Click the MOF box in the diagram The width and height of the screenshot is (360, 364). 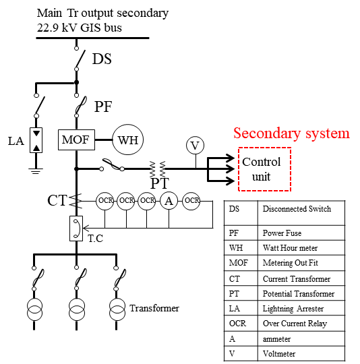[x=76, y=140]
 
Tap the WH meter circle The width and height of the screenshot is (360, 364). [x=128, y=140]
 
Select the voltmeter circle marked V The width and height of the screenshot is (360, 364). [x=196, y=146]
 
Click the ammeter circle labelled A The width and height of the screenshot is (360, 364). [x=169, y=201]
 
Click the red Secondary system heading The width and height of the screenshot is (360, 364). [x=291, y=133]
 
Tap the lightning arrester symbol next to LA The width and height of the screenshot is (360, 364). [x=36, y=140]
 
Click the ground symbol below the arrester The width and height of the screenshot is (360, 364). [x=36, y=171]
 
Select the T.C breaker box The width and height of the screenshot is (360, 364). [x=76, y=229]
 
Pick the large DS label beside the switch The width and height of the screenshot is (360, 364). [x=102, y=59]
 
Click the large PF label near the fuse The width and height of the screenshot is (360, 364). [x=103, y=107]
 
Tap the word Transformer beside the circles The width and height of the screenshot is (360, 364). [x=154, y=308]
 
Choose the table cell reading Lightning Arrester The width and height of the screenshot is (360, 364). [x=293, y=309]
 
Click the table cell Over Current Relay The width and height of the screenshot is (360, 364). [x=295, y=324]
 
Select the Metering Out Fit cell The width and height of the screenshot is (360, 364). [x=291, y=263]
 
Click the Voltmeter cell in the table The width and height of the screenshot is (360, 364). [x=279, y=354]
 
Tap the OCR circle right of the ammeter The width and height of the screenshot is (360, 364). [x=191, y=201]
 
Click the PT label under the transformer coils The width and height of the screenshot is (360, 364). [x=160, y=183]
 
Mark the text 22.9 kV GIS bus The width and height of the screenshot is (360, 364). [x=80, y=28]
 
